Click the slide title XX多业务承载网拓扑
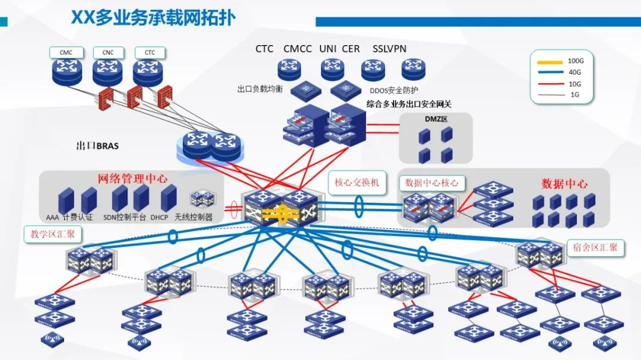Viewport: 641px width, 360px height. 153,17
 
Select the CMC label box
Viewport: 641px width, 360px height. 66,52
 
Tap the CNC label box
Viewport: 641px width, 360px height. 108,52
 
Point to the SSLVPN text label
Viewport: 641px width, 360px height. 389,49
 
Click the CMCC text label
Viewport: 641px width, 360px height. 297,49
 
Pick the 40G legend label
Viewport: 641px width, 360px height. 575,72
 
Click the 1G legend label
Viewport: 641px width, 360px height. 575,95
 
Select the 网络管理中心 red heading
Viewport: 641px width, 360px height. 132,179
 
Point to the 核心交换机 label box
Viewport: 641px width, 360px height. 357,182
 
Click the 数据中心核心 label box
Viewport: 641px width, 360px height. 431,183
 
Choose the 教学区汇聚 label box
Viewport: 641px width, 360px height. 53,234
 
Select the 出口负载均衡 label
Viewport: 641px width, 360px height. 260,89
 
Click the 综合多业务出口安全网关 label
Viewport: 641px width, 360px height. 409,104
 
